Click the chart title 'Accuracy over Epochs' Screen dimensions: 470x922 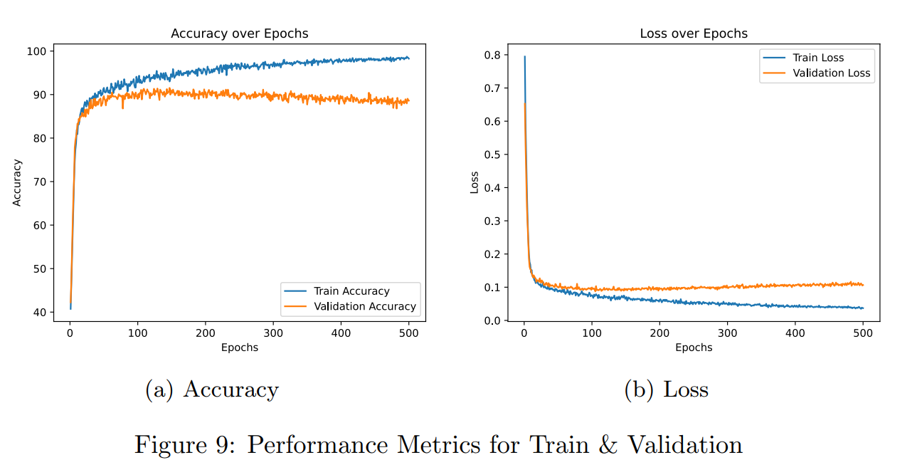tap(239, 33)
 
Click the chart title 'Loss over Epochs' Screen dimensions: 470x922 tap(694, 33)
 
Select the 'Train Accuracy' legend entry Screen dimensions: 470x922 tap(351, 291)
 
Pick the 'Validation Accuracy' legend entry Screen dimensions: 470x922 tap(364, 306)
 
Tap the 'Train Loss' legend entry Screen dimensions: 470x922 tap(818, 58)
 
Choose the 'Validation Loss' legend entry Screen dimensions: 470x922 tap(831, 73)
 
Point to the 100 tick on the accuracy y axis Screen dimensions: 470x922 tap(37, 51)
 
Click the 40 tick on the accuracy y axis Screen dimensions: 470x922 tap(40, 313)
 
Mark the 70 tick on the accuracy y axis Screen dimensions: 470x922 tap(40, 182)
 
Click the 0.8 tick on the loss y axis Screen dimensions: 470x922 tap(492, 55)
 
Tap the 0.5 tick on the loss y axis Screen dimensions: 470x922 tap(492, 155)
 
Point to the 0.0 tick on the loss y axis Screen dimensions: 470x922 tap(492, 321)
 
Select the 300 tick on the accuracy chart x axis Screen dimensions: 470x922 tap(273, 333)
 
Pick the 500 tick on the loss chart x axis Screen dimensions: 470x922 tap(863, 333)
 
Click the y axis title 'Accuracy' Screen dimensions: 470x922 tap(18, 182)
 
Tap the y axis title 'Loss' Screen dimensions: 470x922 tap(475, 182)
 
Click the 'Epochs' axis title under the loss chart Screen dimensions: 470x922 tap(694, 348)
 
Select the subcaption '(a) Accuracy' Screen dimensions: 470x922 tap(212, 390)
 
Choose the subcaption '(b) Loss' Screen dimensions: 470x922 tap(667, 390)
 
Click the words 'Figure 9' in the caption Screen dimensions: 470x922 tap(181, 445)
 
